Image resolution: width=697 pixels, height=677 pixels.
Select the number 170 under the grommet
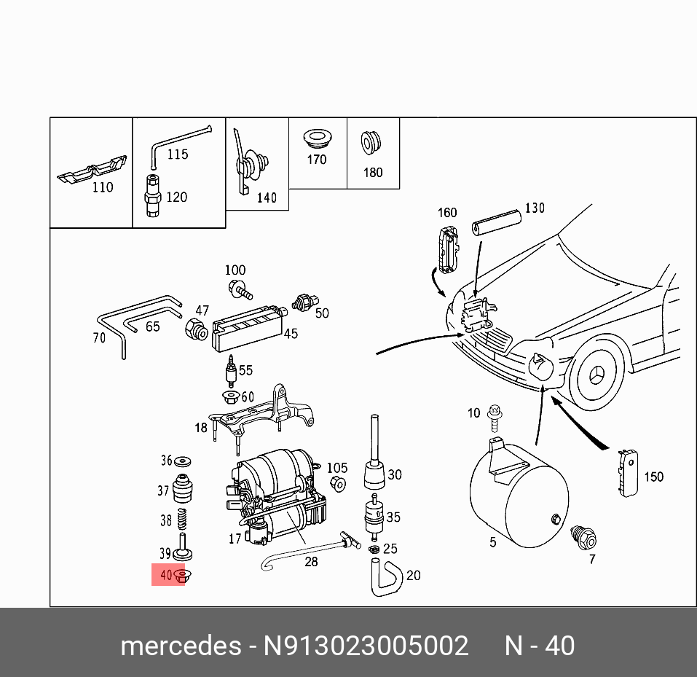316,159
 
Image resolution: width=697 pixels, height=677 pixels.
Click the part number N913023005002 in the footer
366,646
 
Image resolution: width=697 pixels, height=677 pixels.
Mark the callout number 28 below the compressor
311,562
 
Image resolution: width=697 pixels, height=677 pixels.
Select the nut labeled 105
336,485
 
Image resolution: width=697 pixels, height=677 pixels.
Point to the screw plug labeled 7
583,536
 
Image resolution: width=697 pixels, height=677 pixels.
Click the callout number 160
446,213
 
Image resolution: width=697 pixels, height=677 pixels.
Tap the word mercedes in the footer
181,646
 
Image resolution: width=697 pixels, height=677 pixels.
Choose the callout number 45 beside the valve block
291,334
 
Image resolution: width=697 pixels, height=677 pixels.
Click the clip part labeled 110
92,171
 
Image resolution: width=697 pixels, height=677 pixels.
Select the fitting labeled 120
153,196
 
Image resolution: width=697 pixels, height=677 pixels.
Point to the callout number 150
654,477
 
